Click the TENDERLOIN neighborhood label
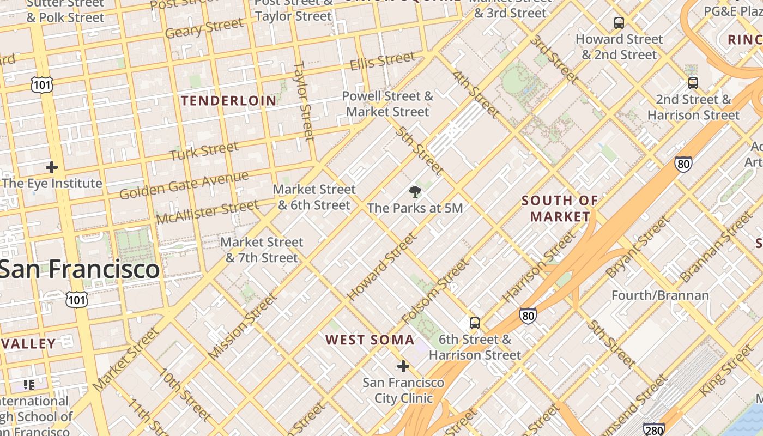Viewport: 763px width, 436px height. click(x=229, y=101)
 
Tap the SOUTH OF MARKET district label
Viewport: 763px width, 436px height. click(x=560, y=209)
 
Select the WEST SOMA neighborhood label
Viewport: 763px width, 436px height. click(x=370, y=340)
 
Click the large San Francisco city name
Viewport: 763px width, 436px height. click(x=80, y=269)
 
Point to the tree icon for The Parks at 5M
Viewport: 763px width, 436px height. click(x=415, y=191)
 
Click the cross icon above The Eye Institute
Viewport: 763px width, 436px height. click(x=52, y=167)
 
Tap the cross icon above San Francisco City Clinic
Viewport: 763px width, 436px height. click(x=403, y=366)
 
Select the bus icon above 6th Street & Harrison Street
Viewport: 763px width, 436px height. click(x=475, y=323)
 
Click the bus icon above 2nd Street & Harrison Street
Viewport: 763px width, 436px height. click(x=693, y=83)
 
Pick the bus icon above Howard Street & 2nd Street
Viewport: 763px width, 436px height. click(x=619, y=23)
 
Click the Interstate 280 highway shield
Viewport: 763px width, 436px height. click(x=653, y=430)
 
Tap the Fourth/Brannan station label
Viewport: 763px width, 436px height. click(x=660, y=295)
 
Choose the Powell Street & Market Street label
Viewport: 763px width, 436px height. click(x=387, y=104)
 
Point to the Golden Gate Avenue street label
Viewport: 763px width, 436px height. click(x=184, y=185)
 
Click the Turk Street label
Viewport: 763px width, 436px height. click(x=204, y=151)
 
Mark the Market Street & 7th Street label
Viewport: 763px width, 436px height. click(x=262, y=250)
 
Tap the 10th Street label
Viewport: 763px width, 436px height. click(x=184, y=395)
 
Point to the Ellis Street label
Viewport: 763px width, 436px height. click(x=382, y=60)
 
